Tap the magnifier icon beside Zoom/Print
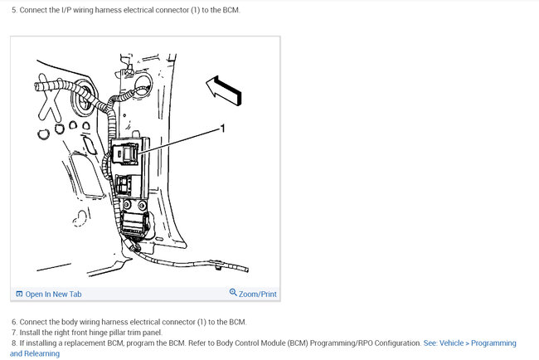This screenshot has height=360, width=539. pyautogui.click(x=233, y=293)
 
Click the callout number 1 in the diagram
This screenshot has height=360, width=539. pyautogui.click(x=222, y=129)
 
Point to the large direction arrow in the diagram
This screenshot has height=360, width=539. pyautogui.click(x=224, y=90)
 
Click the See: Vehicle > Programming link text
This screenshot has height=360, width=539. pyautogui.click(x=469, y=343)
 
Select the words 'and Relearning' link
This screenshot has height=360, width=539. pyautogui.click(x=35, y=353)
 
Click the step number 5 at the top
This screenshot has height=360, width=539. pyautogui.click(x=14, y=10)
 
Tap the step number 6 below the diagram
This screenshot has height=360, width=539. pyautogui.click(x=14, y=322)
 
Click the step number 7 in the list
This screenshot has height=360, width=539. pyautogui.click(x=14, y=333)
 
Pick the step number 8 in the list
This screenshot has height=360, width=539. pyautogui.click(x=14, y=343)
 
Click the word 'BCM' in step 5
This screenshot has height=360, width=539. pyautogui.click(x=231, y=10)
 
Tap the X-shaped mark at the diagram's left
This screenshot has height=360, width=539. pyautogui.click(x=50, y=99)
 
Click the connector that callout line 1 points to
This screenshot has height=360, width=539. pyautogui.click(x=124, y=153)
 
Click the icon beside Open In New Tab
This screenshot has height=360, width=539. pyautogui.click(x=19, y=294)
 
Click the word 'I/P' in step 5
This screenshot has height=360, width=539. pyautogui.click(x=66, y=10)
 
